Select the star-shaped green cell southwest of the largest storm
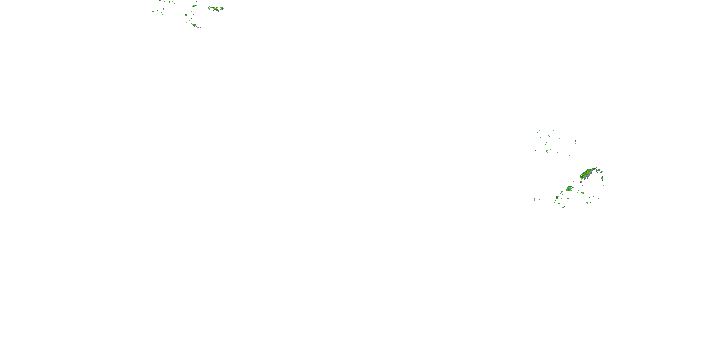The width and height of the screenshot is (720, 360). (569, 188)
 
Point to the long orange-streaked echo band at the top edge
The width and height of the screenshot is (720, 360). (216, 8)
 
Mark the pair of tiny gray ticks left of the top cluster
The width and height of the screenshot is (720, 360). (141, 10)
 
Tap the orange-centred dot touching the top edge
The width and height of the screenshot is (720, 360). (169, 2)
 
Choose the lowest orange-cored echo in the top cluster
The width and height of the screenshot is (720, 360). (194, 25)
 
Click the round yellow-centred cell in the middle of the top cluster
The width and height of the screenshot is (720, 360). (186, 15)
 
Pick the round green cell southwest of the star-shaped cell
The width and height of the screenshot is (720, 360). (557, 197)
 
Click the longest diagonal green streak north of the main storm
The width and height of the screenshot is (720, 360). (546, 143)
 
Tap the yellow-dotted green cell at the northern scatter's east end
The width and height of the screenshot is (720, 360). (576, 141)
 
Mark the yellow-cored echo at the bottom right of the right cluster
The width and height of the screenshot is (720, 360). (587, 203)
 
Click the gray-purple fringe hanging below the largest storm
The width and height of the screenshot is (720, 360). (585, 178)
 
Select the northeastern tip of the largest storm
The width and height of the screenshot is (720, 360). (595, 168)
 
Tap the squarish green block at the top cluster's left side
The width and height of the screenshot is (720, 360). (153, 12)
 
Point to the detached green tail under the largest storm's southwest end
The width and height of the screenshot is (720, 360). (581, 182)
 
